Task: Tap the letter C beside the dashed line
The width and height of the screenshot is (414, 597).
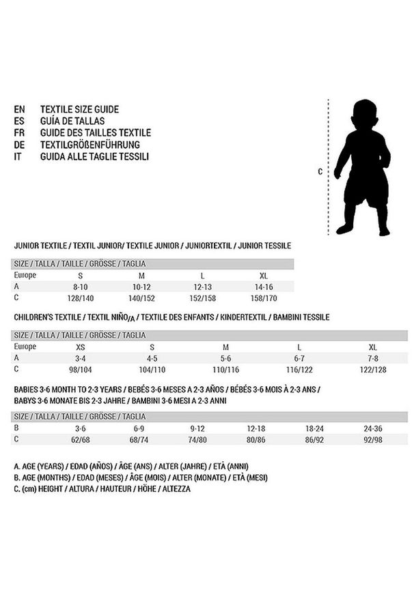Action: click(320, 171)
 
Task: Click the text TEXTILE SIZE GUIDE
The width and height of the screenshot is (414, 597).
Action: click(79, 109)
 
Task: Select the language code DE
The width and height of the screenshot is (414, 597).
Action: click(19, 145)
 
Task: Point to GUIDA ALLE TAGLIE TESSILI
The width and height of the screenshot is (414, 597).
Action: click(94, 156)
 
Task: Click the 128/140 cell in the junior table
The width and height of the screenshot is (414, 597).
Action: click(80, 298)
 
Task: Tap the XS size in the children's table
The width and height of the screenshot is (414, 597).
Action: click(80, 347)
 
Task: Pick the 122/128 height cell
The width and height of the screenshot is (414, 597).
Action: click(372, 369)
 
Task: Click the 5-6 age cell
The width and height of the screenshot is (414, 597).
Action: click(226, 358)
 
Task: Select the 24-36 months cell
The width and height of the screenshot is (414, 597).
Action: click(372, 428)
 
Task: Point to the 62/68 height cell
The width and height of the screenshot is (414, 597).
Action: click(80, 439)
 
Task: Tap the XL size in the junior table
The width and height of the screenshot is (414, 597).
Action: click(263, 275)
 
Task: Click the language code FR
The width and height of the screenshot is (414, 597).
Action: click(19, 133)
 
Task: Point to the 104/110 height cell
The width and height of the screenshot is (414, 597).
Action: click(152, 369)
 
